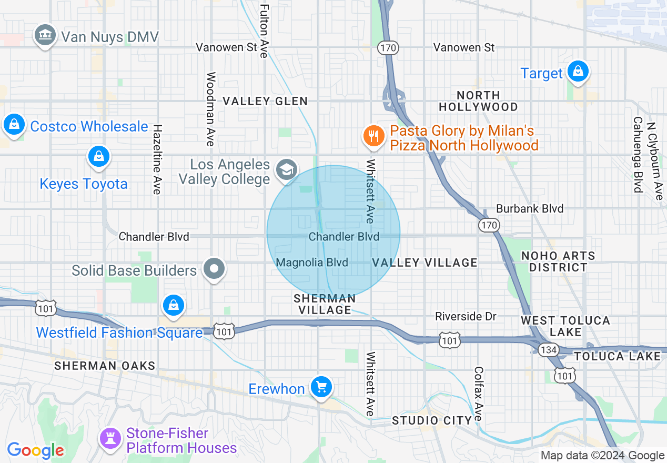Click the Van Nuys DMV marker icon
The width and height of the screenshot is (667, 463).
45,35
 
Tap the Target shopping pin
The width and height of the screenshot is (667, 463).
578,71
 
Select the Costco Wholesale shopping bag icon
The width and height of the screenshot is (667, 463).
14,125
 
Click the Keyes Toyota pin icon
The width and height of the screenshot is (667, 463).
98,156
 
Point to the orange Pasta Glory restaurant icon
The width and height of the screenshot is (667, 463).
373,136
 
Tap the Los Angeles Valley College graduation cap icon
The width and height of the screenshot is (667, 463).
287,169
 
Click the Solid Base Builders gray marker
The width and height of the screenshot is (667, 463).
214,269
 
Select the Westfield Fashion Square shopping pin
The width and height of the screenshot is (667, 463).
173,305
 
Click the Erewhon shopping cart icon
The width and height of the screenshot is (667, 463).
321,387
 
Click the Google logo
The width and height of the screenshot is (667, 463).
36,450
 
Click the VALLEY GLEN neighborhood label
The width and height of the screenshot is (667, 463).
265,101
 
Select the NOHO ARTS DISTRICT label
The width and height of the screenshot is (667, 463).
558,261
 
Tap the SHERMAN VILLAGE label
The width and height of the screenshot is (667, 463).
325,304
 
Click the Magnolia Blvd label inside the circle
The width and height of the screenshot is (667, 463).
312,262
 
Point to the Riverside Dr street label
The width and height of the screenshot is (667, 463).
466,316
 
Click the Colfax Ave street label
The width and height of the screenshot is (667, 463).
478,394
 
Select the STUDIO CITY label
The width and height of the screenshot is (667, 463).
431,420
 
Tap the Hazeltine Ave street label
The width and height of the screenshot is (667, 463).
156,159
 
